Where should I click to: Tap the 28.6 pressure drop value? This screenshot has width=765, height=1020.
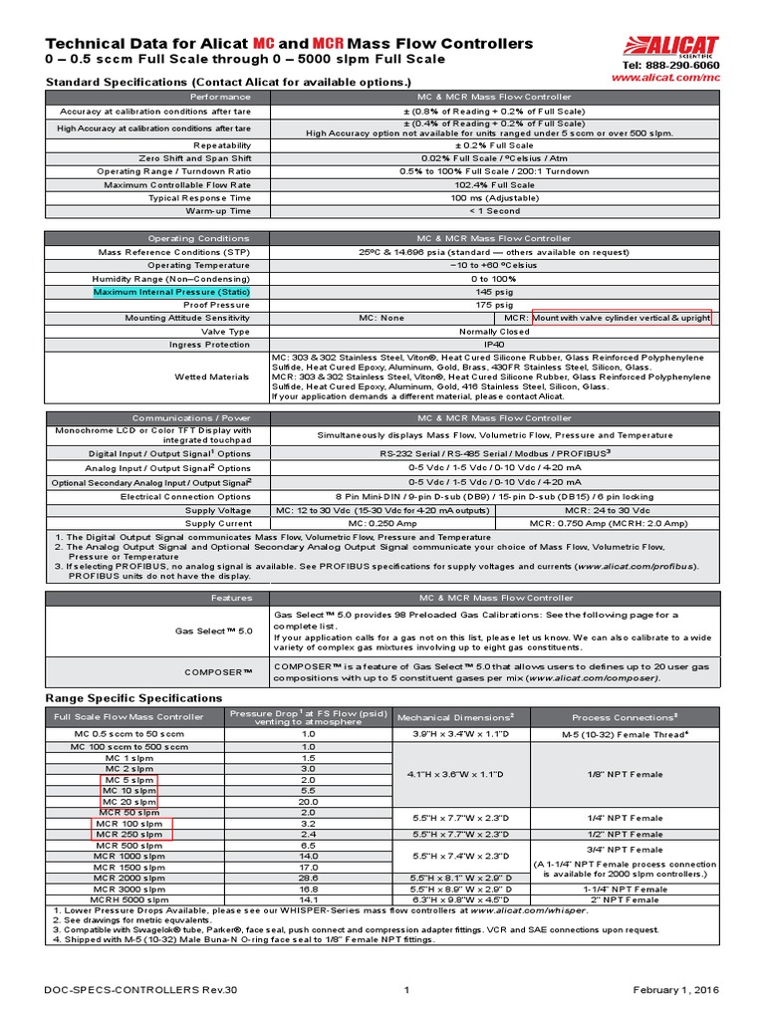point(308,877)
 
